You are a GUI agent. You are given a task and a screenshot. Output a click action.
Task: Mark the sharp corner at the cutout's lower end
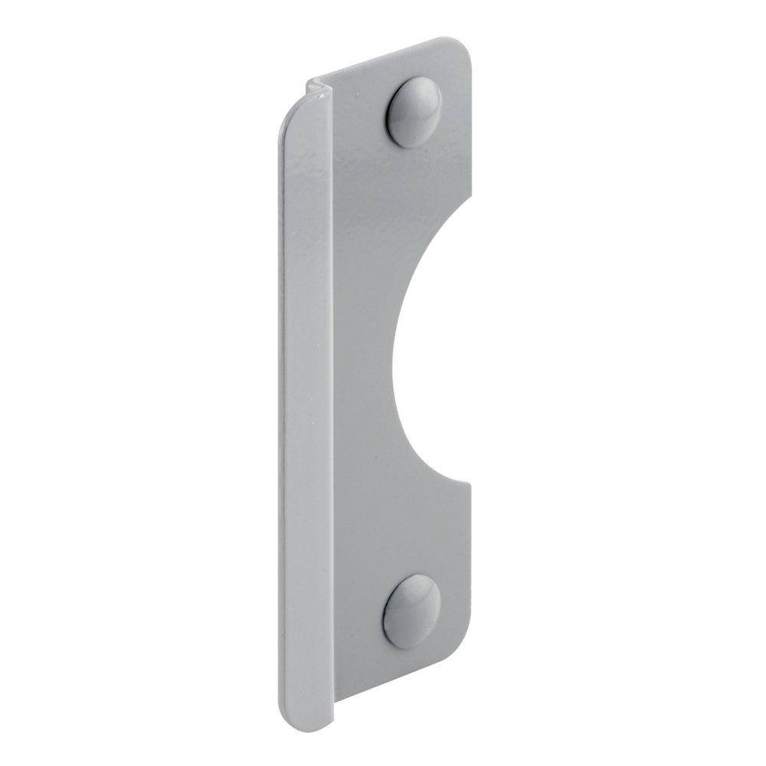click(x=469, y=481)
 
